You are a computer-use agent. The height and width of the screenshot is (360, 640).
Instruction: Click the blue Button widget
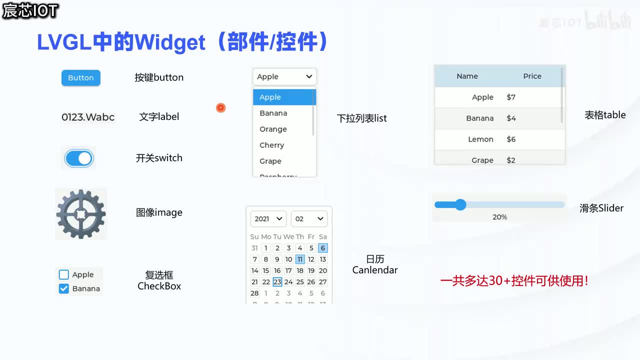(x=81, y=78)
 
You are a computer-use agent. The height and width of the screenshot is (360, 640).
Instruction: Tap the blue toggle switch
(x=79, y=158)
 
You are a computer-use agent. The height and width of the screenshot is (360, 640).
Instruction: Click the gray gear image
(x=81, y=214)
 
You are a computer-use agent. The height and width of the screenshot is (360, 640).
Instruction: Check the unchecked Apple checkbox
(x=64, y=274)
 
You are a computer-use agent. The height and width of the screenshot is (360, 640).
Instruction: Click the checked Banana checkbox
(x=64, y=288)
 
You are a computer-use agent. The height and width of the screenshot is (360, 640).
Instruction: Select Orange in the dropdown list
(x=273, y=129)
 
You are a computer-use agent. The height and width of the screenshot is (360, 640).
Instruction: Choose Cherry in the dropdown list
(x=271, y=145)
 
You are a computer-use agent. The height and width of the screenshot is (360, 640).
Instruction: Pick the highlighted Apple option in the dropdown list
(x=270, y=97)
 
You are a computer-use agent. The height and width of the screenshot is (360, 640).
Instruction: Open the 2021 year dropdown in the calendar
(x=268, y=219)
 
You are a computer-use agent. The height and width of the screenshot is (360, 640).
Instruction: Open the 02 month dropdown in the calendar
(x=309, y=219)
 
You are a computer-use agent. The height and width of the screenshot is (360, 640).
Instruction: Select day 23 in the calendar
(x=277, y=282)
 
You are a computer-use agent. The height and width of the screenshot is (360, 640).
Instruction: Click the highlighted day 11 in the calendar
(x=300, y=259)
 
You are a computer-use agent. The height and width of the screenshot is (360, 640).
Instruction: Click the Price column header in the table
(x=532, y=76)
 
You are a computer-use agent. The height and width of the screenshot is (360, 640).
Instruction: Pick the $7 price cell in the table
(x=511, y=97)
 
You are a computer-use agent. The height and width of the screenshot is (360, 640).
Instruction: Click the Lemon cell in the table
(x=480, y=139)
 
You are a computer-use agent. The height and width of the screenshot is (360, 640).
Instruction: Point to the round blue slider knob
(x=460, y=204)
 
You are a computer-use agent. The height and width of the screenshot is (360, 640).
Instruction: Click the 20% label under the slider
(x=499, y=217)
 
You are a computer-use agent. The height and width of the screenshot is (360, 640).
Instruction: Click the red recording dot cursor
(x=220, y=108)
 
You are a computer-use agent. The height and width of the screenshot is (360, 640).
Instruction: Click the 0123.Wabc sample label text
(x=88, y=117)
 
